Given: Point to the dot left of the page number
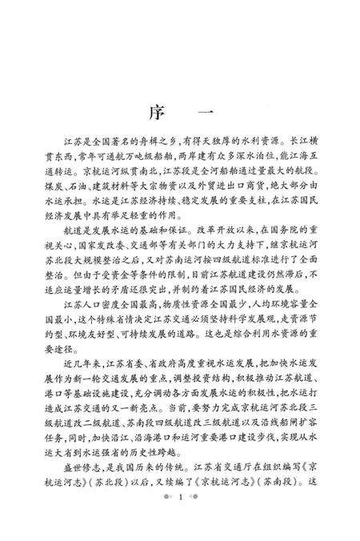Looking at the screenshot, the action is pos(167,521).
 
